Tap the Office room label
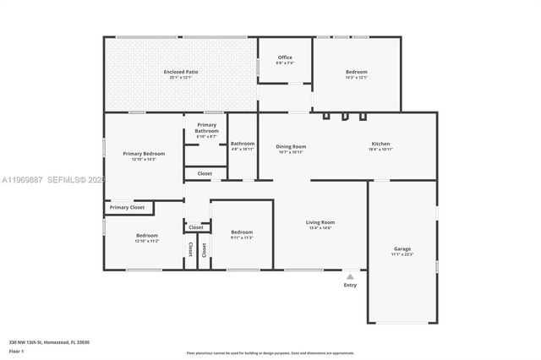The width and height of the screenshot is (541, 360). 285,57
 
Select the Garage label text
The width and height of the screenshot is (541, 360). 402,248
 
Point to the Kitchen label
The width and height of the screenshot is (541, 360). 381,145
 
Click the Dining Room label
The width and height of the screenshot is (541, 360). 291,146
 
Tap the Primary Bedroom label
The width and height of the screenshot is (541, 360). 144,153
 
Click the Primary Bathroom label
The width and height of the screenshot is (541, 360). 207,128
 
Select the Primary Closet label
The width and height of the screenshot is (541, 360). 127,207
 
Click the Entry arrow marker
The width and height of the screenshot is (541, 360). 350,275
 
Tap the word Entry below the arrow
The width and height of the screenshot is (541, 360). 350,285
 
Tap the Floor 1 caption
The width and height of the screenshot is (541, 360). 16,351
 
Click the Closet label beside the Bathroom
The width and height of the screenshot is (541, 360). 205,173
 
